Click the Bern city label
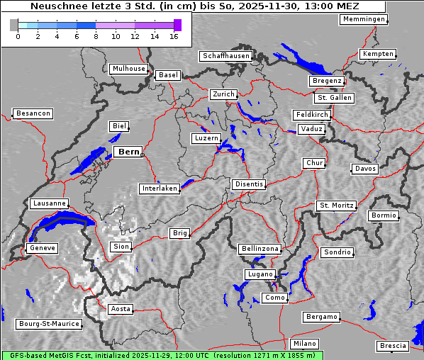128,152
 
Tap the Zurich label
223,94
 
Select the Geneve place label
41,248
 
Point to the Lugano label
260,274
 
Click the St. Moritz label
336,206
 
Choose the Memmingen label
364,19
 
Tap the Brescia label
393,345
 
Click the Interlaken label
160,189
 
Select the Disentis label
249,184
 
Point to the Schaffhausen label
225,55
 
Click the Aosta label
121,308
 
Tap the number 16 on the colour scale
174,36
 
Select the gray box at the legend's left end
14,25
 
